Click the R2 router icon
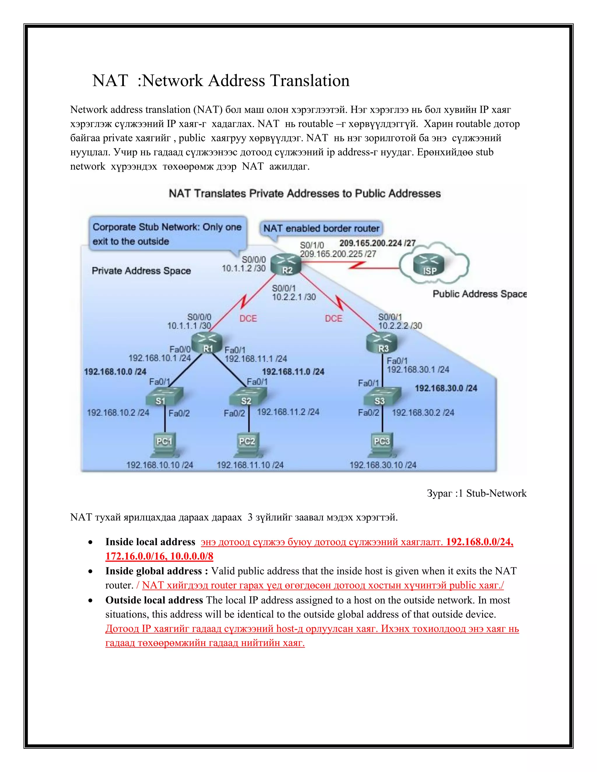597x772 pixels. [x=286, y=265]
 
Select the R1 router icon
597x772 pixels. [x=207, y=343]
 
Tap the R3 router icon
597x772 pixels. [x=382, y=343]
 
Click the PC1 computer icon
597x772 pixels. [x=164, y=445]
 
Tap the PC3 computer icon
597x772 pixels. [x=382, y=445]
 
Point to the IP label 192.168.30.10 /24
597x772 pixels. [x=383, y=465]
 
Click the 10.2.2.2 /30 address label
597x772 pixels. [x=400, y=326]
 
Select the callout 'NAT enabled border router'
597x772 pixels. [x=321, y=228]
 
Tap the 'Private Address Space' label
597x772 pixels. [x=141, y=271]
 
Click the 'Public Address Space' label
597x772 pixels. [x=479, y=294]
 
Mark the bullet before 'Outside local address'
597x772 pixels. [x=91, y=601]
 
